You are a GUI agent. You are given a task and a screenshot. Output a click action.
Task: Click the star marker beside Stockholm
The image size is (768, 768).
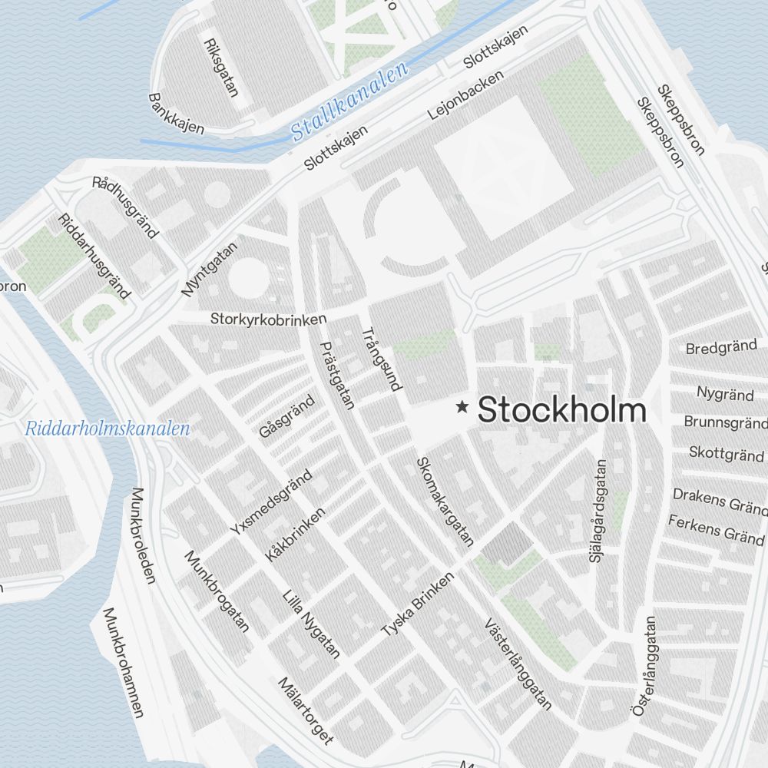(462, 407)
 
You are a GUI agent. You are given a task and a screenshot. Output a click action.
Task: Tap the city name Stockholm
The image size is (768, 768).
(561, 411)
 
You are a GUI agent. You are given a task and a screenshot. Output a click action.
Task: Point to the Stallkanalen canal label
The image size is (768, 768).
(349, 104)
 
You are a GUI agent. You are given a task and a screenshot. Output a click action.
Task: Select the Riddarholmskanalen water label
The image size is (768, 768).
(107, 429)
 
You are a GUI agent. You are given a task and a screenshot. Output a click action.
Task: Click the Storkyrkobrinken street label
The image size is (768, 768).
(269, 319)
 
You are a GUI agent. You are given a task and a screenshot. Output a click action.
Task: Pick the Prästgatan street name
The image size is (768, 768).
(338, 375)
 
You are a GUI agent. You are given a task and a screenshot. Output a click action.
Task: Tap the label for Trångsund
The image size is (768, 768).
(382, 359)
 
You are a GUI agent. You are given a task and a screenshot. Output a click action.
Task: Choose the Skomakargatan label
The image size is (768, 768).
(444, 502)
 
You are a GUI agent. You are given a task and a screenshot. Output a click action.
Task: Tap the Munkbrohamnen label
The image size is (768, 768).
(123, 662)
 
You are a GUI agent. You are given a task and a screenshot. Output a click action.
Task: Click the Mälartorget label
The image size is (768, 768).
(306, 710)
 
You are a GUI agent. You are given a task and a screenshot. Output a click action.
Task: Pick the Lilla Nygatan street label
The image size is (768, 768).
(312, 624)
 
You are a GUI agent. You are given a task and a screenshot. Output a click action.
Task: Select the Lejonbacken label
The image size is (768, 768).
(466, 94)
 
